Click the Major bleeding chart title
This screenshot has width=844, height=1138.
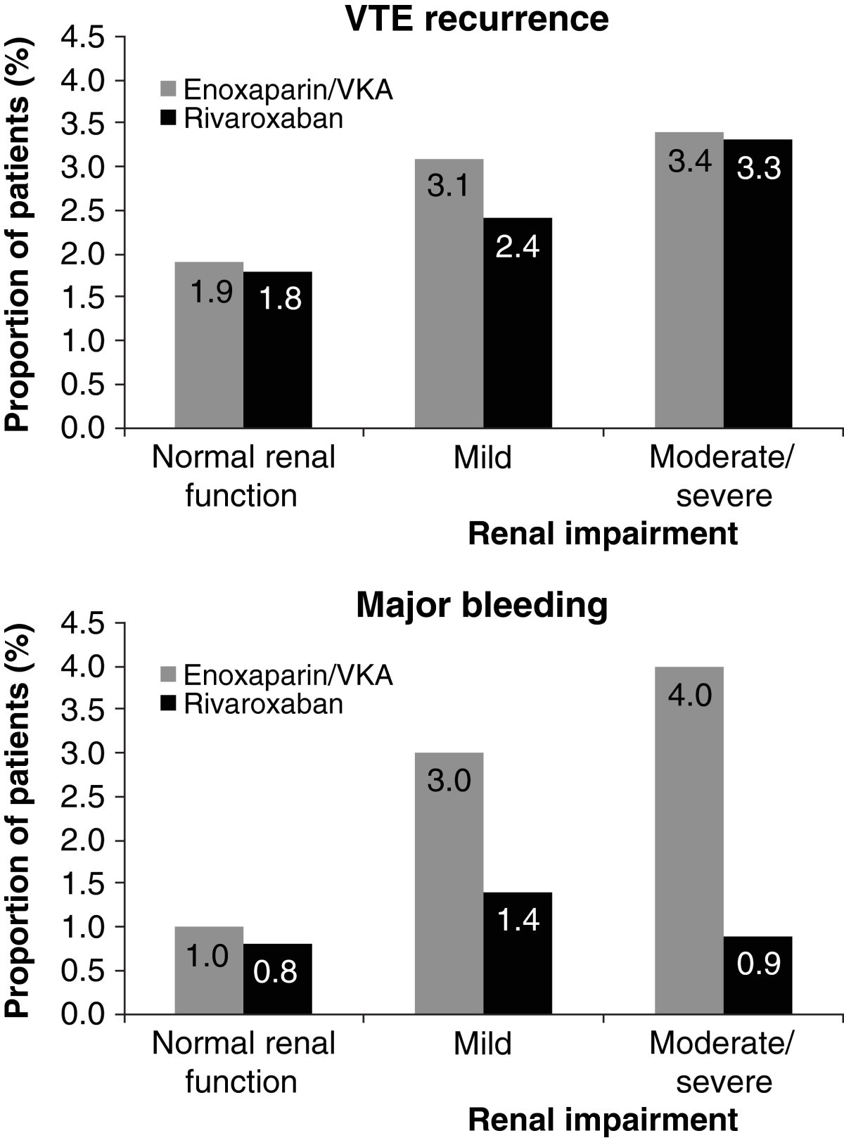pyautogui.click(x=482, y=605)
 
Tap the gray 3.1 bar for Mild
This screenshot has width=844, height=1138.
pyautogui.click(x=449, y=295)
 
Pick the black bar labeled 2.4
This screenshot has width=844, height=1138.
pyautogui.click(x=518, y=324)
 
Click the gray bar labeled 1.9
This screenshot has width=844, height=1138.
pyautogui.click(x=209, y=345)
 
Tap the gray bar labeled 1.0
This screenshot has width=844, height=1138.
pyautogui.click(x=209, y=971)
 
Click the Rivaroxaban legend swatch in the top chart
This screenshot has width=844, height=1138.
pyautogui.click(x=168, y=118)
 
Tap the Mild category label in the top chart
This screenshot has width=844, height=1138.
pyautogui.click(x=482, y=458)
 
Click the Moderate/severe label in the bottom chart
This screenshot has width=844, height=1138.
pyautogui.click(x=723, y=1062)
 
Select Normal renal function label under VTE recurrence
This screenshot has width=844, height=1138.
pyautogui.click(x=243, y=476)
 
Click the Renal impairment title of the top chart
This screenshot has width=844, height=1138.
pyautogui.click(x=603, y=534)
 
